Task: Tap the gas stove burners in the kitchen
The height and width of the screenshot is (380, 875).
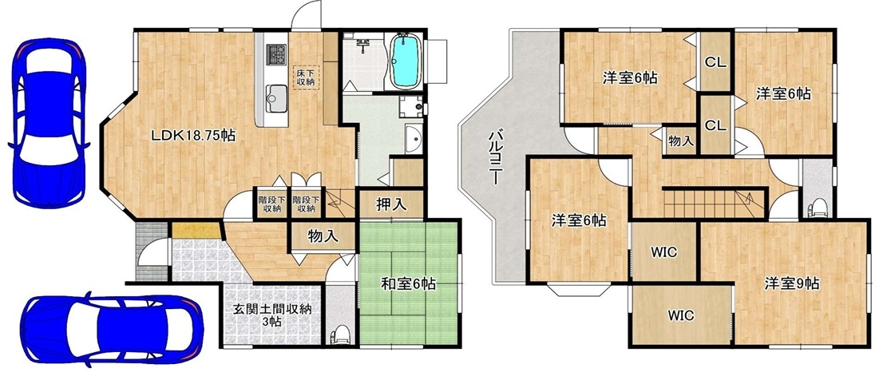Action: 275,54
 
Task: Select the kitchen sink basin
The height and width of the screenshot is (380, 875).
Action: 275,95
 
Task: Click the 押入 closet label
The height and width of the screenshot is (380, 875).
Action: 391,205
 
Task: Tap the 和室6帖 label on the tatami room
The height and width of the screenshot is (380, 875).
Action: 409,284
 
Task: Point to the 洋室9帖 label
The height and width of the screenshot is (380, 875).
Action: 792,283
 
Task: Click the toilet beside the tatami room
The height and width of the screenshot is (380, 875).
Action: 340,334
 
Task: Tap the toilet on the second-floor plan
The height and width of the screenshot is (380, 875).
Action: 817,207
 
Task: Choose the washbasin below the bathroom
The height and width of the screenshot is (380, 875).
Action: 414,138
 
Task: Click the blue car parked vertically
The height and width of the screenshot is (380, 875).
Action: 48,123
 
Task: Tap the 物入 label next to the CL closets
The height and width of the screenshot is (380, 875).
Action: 681,142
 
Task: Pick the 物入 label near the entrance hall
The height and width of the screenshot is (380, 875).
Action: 323,236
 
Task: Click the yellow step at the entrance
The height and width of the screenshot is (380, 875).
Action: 196,231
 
